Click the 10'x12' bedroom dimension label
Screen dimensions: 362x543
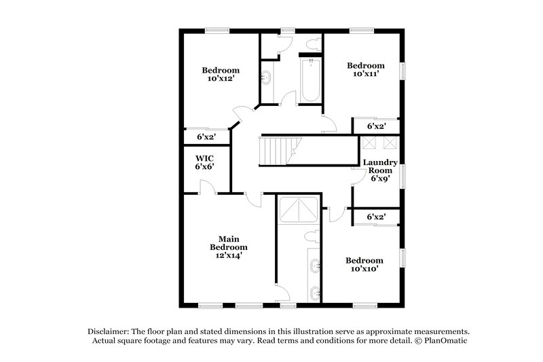click(x=221, y=79)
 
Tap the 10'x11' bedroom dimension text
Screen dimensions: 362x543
click(x=366, y=75)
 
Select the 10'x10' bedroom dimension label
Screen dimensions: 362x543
click(x=364, y=269)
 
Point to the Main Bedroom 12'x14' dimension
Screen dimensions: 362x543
click(x=228, y=256)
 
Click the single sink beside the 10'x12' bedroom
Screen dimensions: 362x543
click(x=266, y=78)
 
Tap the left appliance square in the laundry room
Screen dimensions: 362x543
click(x=370, y=142)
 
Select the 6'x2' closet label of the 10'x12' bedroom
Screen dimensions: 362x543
click(x=205, y=137)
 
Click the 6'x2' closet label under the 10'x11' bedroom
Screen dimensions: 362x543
click(x=375, y=126)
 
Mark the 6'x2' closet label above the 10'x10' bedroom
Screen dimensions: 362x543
click(x=375, y=217)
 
